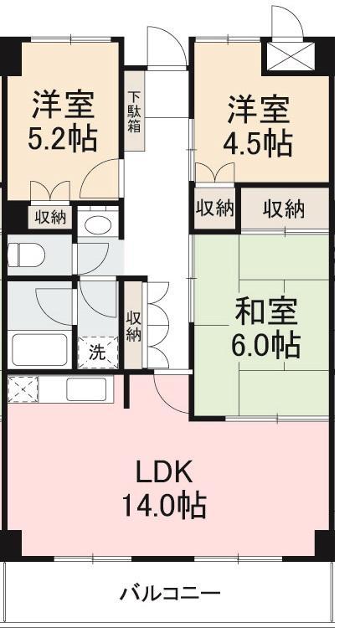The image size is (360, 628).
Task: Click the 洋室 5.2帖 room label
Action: (x=63, y=121)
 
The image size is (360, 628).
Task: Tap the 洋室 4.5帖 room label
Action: (x=260, y=126)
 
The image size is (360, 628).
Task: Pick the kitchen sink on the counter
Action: (x=86, y=389)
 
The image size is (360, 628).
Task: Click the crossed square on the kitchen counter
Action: (x=23, y=389)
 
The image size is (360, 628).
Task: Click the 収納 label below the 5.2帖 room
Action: (x=50, y=217)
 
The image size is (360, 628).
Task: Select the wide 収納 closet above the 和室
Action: (x=284, y=209)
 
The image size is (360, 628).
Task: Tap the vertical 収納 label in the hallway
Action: (x=133, y=326)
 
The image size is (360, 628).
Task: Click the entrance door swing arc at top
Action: (x=165, y=46)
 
